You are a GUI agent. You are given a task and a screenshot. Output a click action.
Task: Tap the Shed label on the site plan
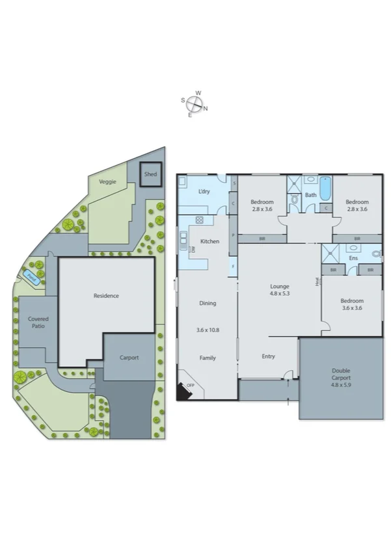click(150, 174)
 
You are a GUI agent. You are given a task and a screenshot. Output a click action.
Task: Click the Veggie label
click(107, 181)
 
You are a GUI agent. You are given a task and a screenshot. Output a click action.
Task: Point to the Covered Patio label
click(38, 323)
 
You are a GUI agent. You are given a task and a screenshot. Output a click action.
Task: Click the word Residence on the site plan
click(106, 296)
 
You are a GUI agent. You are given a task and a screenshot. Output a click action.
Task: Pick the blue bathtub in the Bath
click(325, 188)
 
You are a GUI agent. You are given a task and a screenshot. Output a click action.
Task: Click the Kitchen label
click(209, 241)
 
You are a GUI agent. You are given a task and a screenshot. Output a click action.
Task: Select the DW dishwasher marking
click(193, 250)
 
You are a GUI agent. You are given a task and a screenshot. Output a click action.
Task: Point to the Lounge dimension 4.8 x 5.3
click(280, 293)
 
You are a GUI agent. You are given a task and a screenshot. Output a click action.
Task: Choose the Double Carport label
click(341, 375)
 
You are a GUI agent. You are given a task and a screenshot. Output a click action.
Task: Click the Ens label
click(353, 258)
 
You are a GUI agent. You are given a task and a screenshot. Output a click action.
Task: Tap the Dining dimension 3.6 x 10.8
click(208, 330)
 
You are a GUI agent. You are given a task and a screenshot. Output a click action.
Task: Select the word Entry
click(269, 356)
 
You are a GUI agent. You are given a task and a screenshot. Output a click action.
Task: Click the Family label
click(208, 358)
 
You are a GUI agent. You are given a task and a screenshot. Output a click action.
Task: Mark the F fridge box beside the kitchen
click(233, 267)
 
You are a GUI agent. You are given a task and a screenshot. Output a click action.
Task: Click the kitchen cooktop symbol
click(199, 220)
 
